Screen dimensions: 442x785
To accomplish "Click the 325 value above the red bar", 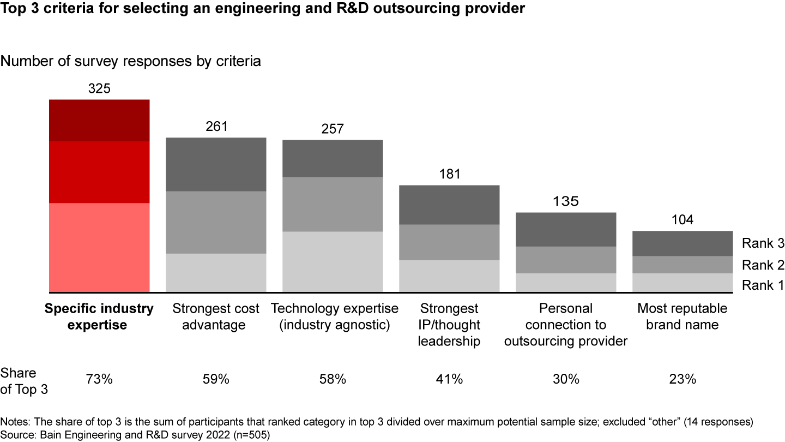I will (99, 88).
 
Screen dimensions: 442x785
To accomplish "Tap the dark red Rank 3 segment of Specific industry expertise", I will (99, 121).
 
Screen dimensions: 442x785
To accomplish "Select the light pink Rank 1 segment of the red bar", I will (99, 247).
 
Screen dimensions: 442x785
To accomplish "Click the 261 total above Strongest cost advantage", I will (216, 127).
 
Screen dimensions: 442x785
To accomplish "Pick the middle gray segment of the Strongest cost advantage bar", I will (216, 222).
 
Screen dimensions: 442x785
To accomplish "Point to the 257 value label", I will (333, 129).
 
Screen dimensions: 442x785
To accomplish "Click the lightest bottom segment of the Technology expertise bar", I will (333, 261).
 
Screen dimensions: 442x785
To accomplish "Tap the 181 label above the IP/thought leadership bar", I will (449, 174).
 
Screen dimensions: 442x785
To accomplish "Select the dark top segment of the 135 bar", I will (566, 229).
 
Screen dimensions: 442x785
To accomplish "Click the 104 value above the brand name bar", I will (683, 220).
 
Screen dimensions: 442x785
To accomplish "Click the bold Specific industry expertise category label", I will (99, 316).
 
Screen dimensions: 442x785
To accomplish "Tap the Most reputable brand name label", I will (683, 316).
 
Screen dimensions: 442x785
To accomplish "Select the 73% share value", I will (99, 379).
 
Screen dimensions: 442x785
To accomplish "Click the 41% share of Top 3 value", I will (449, 379).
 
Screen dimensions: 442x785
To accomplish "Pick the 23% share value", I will (683, 379).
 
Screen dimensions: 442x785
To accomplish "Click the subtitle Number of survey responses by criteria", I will (131, 61).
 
